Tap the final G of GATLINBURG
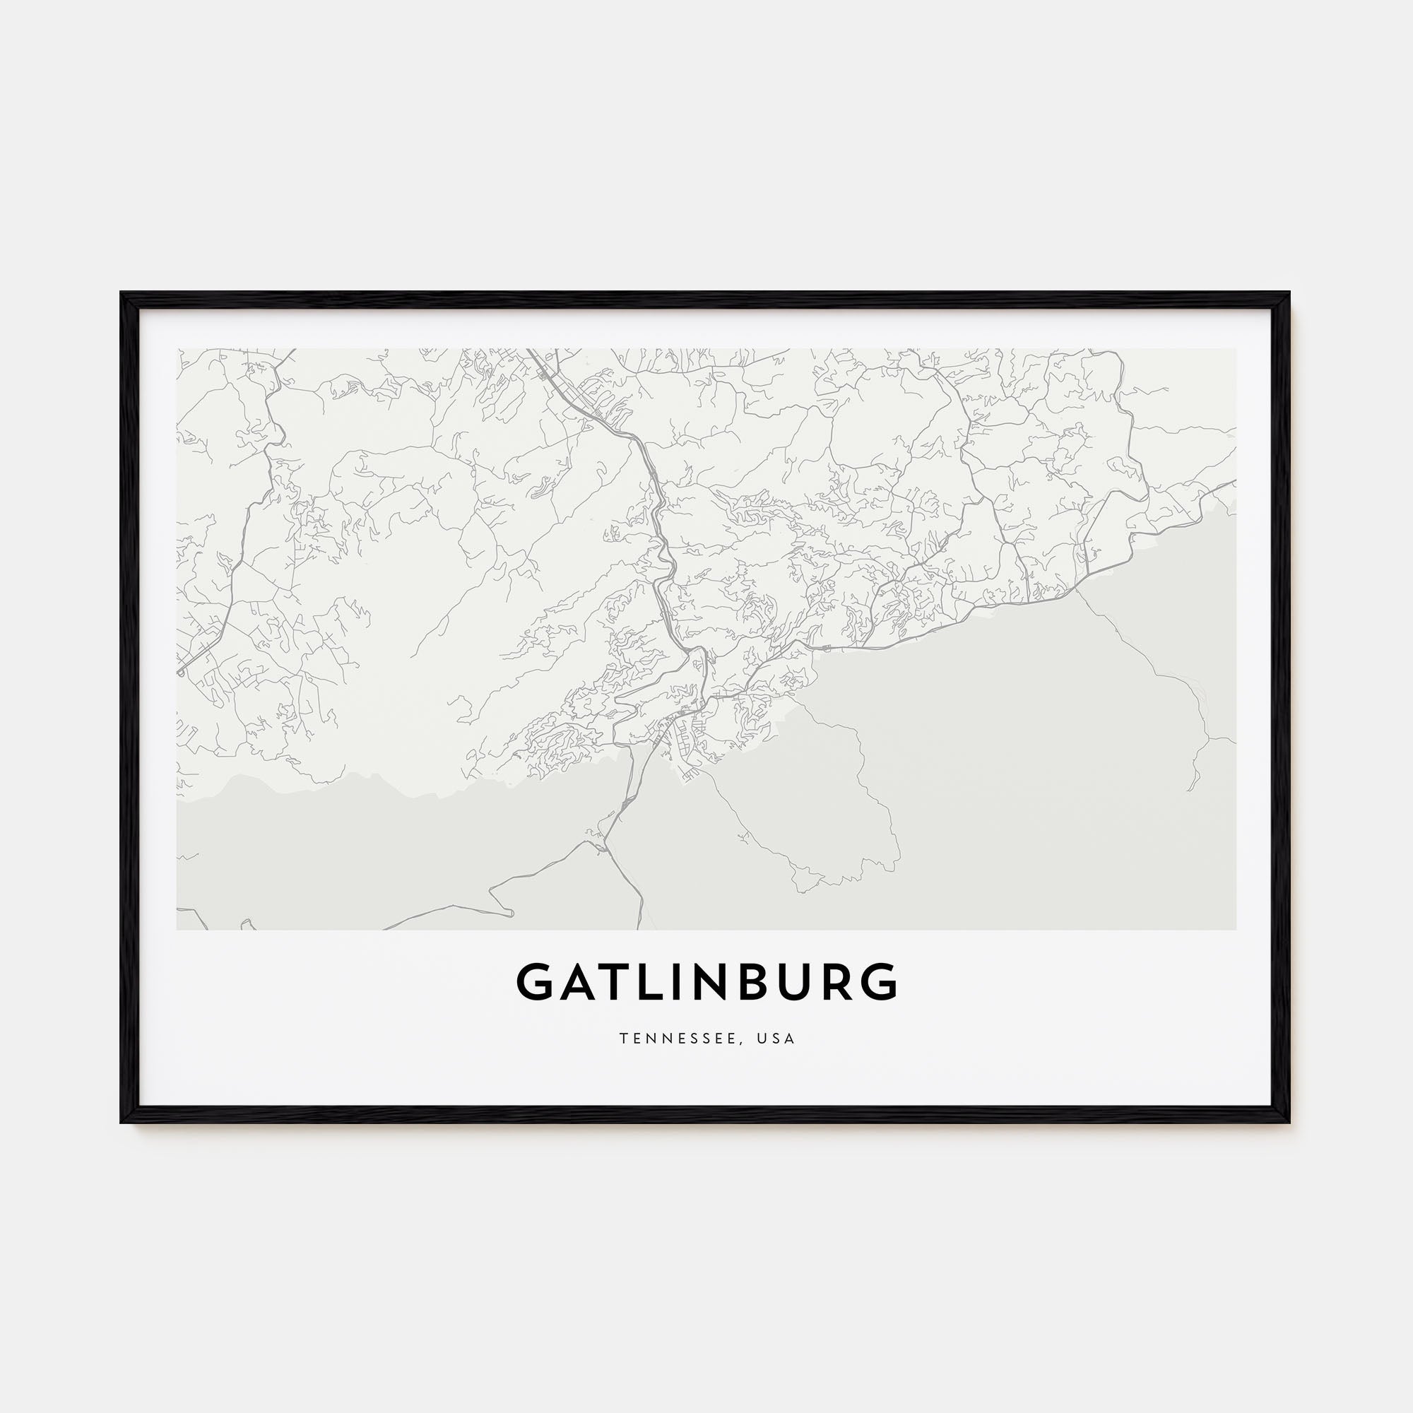(879, 981)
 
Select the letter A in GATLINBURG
(579, 981)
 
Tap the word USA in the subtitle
(777, 1039)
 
